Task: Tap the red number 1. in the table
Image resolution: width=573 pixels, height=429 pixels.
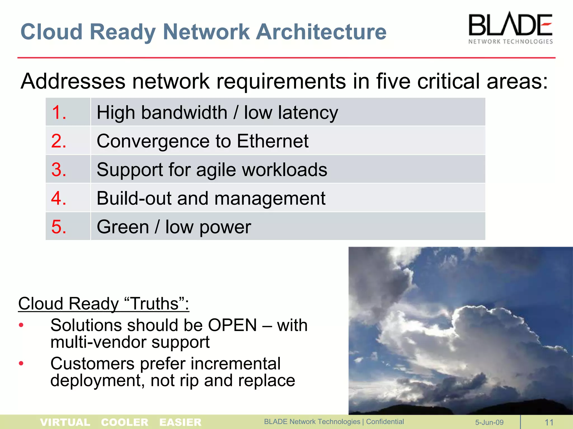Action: [59, 113]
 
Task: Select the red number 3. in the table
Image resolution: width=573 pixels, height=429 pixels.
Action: [59, 170]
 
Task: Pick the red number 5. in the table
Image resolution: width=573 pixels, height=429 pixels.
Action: [59, 227]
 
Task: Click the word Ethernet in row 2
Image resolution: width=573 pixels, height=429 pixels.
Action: [273, 141]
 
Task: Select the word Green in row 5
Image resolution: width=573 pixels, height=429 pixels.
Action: [123, 227]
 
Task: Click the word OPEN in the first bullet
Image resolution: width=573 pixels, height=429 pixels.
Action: [232, 325]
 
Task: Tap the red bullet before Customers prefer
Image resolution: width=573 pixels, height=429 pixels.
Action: [21, 363]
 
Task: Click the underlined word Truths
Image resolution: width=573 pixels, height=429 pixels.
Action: [154, 304]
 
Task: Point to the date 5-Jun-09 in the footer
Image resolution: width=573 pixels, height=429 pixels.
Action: [489, 422]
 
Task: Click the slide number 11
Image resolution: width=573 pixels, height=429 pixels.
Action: [549, 422]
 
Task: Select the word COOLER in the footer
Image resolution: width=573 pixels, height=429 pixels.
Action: [125, 422]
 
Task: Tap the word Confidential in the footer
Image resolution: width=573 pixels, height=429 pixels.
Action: [385, 422]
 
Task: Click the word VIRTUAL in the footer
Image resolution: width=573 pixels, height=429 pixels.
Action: [65, 422]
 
